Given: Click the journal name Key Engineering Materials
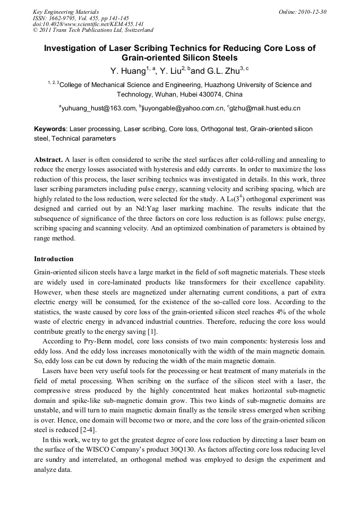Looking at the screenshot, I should click(66, 11).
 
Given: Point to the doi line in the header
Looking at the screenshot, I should click(88, 24).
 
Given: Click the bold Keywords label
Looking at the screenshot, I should click(50, 129).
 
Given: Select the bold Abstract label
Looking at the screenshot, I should click(48, 160).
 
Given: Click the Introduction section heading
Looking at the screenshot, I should click(54, 259).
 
